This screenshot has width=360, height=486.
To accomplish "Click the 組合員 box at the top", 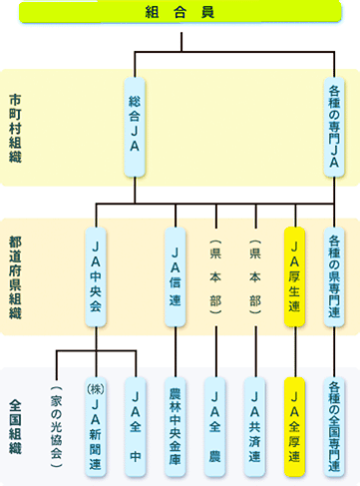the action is click(180, 13).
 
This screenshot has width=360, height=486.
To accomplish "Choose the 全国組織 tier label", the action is click(17, 423).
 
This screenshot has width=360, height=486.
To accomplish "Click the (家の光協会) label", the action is click(56, 423).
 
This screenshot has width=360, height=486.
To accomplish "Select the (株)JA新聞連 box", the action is click(96, 423).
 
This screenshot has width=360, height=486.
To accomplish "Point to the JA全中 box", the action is click(137, 423).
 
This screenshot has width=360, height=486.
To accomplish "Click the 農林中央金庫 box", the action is click(176, 423).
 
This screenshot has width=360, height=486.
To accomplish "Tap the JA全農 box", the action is click(215, 423).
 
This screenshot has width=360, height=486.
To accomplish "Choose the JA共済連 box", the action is click(255, 423).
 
